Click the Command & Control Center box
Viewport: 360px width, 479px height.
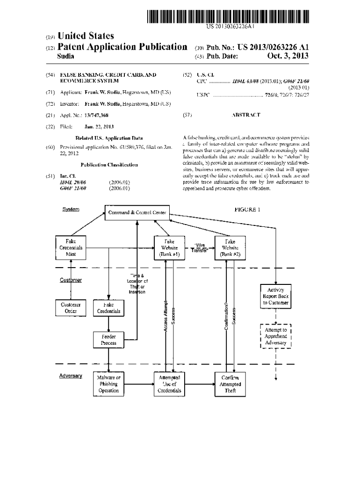137,213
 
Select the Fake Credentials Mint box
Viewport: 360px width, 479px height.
71,247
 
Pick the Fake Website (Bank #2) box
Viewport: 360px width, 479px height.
230,247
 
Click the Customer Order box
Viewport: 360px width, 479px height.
71,307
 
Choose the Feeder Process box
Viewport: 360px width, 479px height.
108,340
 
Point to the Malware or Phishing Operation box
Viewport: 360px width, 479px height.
108,384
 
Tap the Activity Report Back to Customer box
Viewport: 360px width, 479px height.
276,296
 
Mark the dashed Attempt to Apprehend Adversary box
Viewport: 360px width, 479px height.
276,336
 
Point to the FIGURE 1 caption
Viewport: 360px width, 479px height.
247,210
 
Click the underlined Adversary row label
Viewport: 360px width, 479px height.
71,376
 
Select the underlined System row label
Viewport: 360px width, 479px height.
71,209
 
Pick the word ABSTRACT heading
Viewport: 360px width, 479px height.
246,114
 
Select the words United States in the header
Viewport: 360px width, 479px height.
86,36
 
